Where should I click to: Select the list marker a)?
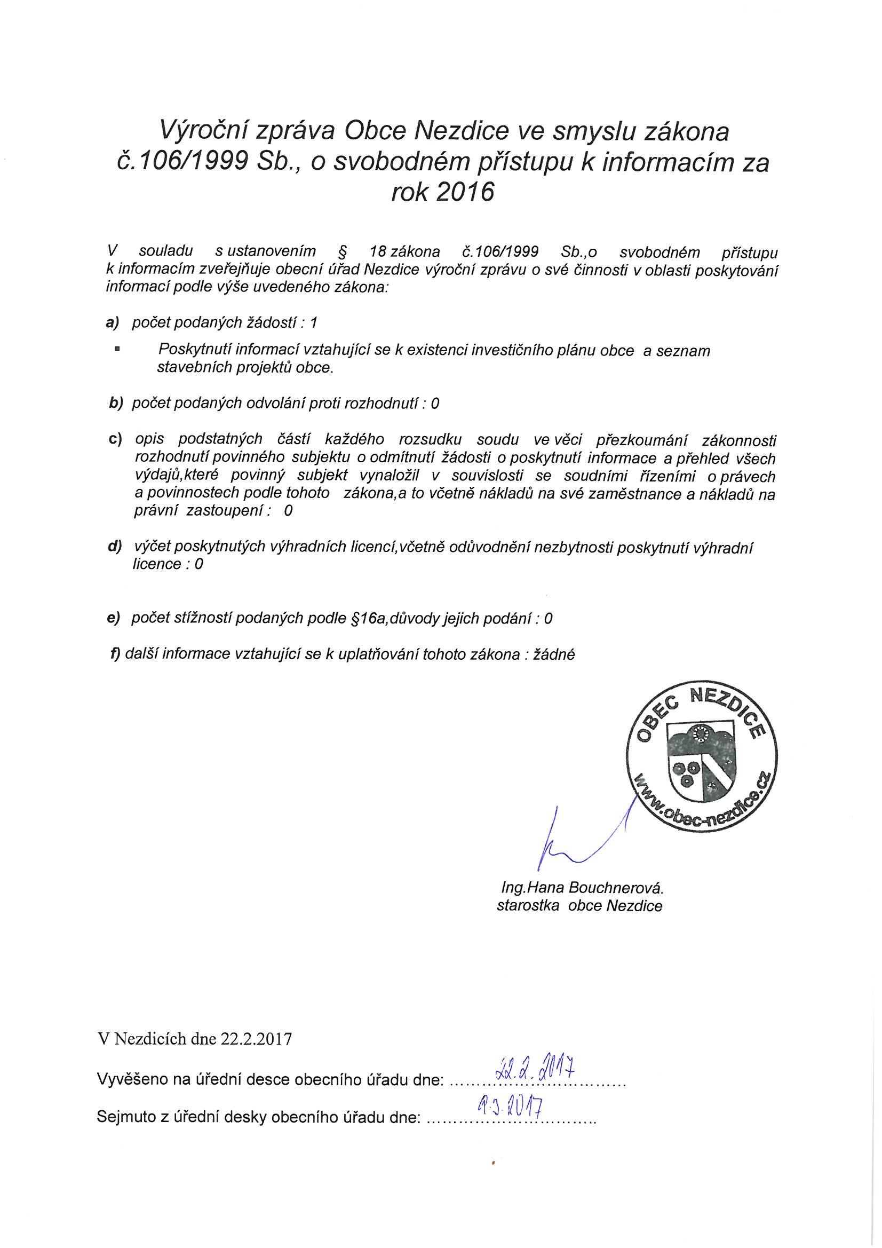113,322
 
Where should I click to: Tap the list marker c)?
115,439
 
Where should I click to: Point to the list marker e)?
114,618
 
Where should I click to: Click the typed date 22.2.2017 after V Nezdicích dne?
257,1039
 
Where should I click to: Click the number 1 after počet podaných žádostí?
313,322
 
